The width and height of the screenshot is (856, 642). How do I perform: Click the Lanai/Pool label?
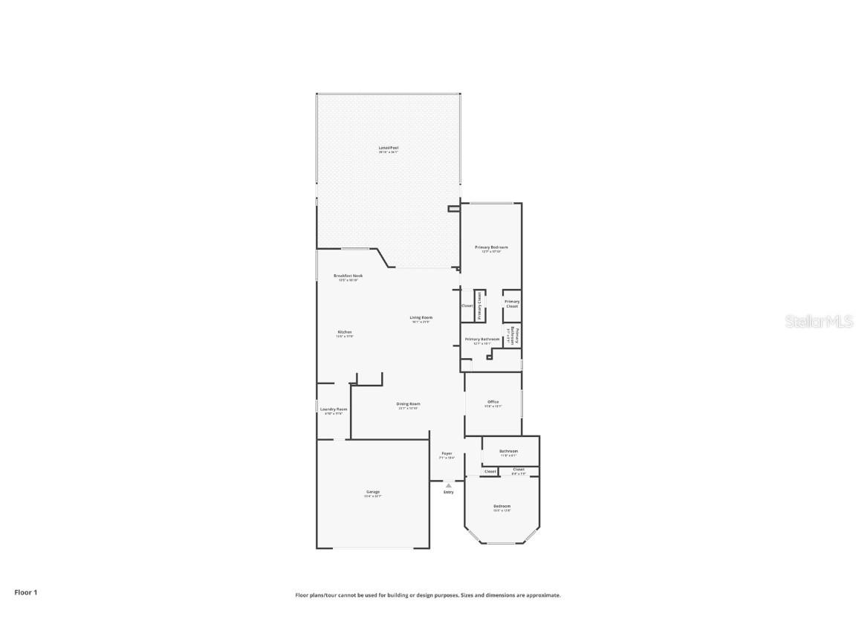pyautogui.click(x=389, y=148)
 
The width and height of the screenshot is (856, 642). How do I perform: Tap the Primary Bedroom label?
pyautogui.click(x=491, y=247)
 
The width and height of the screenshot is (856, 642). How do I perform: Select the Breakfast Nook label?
pyautogui.click(x=348, y=276)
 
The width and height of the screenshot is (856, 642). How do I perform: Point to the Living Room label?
pyautogui.click(x=421, y=317)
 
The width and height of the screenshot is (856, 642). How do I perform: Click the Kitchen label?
pyautogui.click(x=344, y=331)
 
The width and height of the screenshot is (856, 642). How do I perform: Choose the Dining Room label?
pyautogui.click(x=408, y=403)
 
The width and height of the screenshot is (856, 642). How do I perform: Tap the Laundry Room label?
pyautogui.click(x=334, y=409)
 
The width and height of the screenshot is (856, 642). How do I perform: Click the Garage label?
pyautogui.click(x=372, y=491)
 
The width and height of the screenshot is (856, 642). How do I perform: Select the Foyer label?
pyautogui.click(x=447, y=453)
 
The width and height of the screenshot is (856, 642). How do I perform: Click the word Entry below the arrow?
pyautogui.click(x=448, y=492)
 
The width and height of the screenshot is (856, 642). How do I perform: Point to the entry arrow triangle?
pyautogui.click(x=448, y=484)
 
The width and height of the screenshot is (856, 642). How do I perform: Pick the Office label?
pyautogui.click(x=493, y=402)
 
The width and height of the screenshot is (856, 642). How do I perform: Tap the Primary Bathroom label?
pyautogui.click(x=481, y=339)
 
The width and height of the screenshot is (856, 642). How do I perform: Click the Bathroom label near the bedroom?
pyautogui.click(x=508, y=451)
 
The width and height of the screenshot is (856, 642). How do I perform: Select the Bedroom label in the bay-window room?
pyautogui.click(x=502, y=506)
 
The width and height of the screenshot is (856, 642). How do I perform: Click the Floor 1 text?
pyautogui.click(x=25, y=592)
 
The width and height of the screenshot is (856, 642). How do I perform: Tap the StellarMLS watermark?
pyautogui.click(x=820, y=322)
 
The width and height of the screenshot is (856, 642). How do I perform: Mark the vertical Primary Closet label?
pyautogui.click(x=480, y=305)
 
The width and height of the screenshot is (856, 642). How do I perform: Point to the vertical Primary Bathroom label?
pyautogui.click(x=513, y=336)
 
